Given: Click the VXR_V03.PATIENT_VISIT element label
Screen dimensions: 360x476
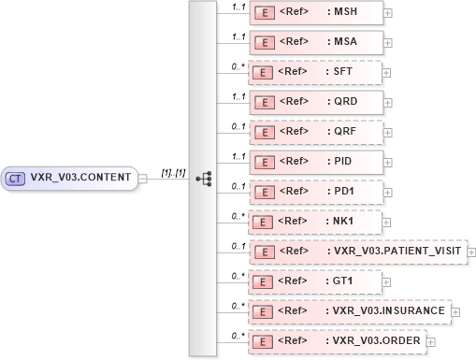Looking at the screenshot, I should (394, 252).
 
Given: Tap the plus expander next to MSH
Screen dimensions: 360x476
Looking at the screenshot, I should (388, 13).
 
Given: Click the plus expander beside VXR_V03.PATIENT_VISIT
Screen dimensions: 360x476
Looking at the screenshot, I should (471, 252).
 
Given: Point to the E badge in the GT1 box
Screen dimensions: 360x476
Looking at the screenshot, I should (266, 281).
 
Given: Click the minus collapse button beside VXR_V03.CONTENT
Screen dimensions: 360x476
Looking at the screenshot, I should (143, 178).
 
